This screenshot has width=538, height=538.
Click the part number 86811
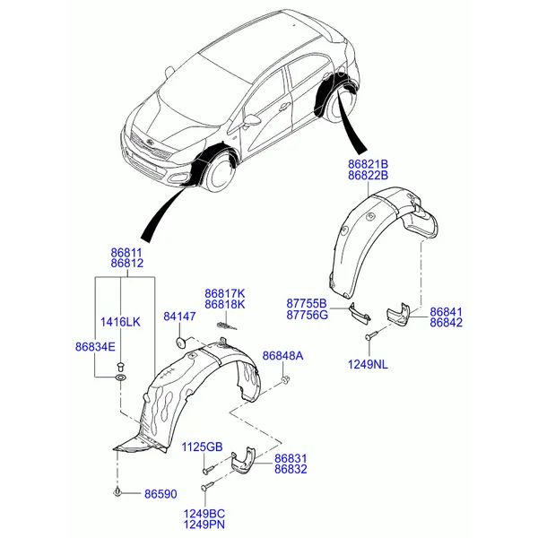(126, 253)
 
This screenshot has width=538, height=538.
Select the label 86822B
(369, 176)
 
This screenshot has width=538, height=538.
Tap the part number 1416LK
(120, 322)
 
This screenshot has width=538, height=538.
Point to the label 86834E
(95, 347)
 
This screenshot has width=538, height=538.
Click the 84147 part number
(179, 317)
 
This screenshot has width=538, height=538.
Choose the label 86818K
(225, 304)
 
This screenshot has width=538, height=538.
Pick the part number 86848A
(283, 356)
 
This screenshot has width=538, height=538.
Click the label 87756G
(307, 315)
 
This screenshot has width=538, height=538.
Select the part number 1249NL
(368, 364)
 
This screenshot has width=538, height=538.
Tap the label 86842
(446, 323)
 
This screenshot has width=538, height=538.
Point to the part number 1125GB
(202, 447)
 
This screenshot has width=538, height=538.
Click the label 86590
(161, 494)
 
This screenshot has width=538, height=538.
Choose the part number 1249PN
(204, 525)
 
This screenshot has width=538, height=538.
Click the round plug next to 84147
(180, 342)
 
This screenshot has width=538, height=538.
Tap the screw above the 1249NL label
(371, 335)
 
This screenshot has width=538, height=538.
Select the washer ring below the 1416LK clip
(120, 377)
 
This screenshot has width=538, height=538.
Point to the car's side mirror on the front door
(251, 120)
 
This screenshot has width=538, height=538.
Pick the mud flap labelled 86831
(243, 461)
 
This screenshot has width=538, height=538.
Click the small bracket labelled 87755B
(360, 313)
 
